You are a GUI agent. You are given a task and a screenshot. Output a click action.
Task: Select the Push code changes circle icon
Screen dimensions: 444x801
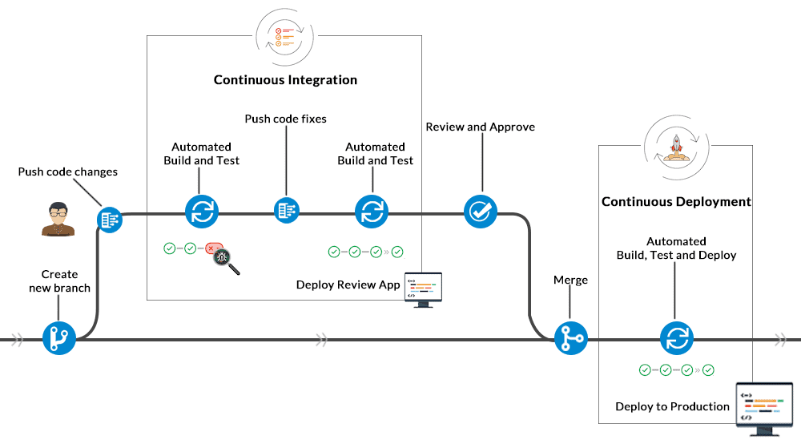point(110,219)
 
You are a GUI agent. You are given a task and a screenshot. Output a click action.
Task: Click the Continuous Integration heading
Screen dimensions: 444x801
point(285,80)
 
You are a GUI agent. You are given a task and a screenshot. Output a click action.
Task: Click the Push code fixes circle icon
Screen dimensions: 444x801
point(286,211)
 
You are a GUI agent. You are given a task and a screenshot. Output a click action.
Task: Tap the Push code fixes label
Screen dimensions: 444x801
point(285,119)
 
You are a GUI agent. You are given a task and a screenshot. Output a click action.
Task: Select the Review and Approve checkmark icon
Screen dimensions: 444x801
point(481,212)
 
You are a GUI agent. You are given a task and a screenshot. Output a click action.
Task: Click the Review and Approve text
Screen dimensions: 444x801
point(480,127)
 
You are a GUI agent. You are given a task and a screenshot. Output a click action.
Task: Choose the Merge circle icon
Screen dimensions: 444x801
point(571,338)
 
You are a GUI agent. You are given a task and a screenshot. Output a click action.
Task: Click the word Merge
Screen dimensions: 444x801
point(570,280)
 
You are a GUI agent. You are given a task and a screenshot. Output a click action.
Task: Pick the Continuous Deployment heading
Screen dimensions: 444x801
point(676,202)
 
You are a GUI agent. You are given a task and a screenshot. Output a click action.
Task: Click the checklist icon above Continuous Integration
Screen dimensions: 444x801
point(285,34)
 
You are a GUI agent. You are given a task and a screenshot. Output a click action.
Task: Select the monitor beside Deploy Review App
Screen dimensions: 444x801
point(424,288)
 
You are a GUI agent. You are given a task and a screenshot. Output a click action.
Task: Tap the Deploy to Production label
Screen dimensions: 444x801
point(672,406)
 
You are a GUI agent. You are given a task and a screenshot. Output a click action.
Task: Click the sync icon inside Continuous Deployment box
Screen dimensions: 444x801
point(675,338)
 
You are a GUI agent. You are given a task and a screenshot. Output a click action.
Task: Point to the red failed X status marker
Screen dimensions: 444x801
point(212,249)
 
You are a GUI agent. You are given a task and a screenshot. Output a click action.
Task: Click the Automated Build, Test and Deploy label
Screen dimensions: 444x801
point(676,248)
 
